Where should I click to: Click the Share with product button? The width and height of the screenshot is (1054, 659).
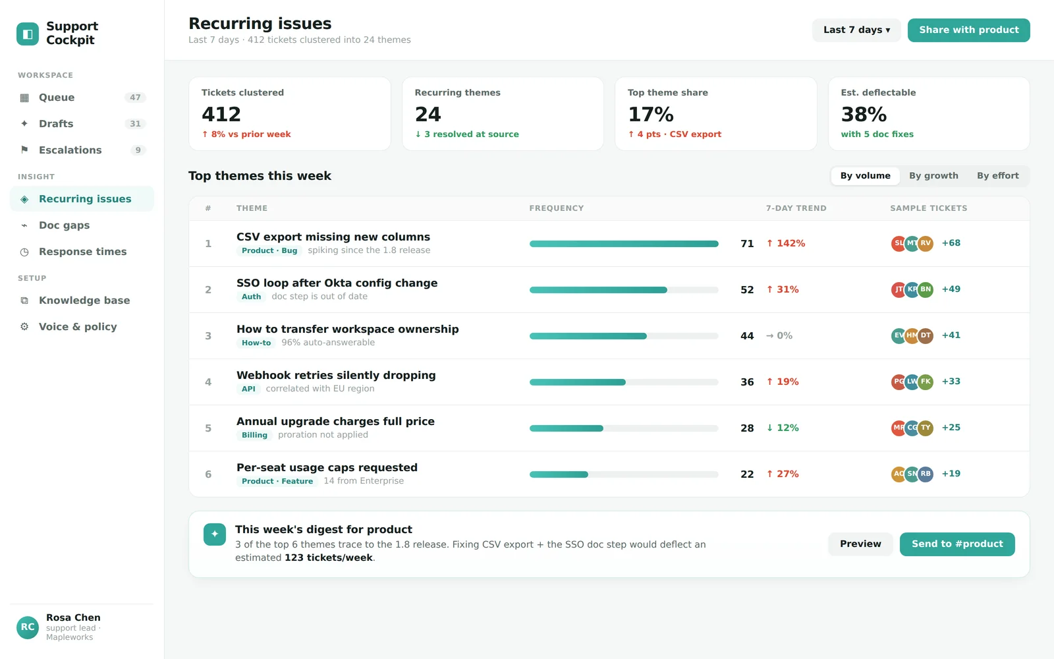tap(968, 30)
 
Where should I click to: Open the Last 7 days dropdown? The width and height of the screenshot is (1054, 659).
tap(856, 30)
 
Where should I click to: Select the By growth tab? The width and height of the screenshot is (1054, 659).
tap(933, 175)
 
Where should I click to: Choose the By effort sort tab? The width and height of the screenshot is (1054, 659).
tap(997, 175)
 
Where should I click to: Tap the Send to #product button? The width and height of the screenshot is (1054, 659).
tap(957, 544)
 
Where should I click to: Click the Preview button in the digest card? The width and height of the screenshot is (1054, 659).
tap(860, 544)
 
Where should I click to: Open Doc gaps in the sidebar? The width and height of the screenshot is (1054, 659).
tap(64, 225)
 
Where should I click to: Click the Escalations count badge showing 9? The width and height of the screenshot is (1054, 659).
tap(138, 150)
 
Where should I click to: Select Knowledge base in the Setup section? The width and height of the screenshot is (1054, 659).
tap(84, 301)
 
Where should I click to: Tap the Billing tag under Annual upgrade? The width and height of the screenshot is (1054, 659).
tap(254, 435)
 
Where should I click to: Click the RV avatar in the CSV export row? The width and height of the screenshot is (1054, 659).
tap(926, 243)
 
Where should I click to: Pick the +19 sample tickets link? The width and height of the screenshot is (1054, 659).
tap(951, 474)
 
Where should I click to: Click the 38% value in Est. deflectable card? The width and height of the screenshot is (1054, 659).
tap(864, 115)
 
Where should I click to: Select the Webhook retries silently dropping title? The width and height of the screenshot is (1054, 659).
tap(336, 375)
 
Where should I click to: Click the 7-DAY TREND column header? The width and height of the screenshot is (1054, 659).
tap(796, 208)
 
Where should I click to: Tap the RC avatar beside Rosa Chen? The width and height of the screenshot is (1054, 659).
tap(27, 627)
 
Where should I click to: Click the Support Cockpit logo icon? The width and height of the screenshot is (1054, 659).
tap(28, 34)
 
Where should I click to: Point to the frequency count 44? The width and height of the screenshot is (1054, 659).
tap(747, 336)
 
